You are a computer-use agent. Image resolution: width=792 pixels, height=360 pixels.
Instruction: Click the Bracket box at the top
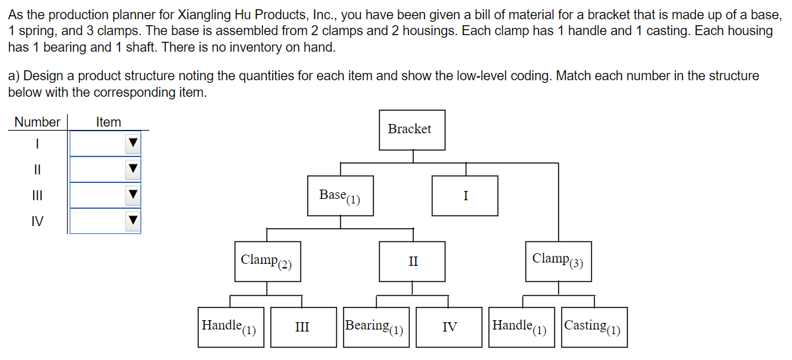[413, 130]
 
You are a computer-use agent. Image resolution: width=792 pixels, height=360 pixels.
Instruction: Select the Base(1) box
[340, 196]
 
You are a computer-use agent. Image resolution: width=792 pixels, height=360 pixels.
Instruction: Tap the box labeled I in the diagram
[465, 196]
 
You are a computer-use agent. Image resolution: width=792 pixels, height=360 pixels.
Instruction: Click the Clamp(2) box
[267, 261]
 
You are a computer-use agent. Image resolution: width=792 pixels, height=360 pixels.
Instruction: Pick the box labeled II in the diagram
[413, 261]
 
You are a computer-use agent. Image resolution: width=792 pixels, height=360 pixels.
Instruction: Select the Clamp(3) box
[558, 261]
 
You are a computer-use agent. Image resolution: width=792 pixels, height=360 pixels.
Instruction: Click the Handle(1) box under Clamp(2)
[230, 327]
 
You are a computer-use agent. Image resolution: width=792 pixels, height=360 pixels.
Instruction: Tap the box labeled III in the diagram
[302, 327]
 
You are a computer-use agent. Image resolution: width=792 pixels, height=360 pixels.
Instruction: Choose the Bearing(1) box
[376, 327]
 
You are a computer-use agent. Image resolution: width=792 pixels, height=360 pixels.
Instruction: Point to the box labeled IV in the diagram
[449, 327]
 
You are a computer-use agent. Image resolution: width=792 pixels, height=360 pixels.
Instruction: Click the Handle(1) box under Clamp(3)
[521, 327]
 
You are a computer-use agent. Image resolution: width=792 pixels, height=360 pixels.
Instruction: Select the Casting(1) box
[594, 327]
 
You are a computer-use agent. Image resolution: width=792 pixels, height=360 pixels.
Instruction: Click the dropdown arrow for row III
[133, 195]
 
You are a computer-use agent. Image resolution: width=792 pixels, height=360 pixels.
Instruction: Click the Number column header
[37, 122]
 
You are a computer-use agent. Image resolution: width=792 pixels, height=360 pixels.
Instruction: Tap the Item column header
[108, 122]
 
